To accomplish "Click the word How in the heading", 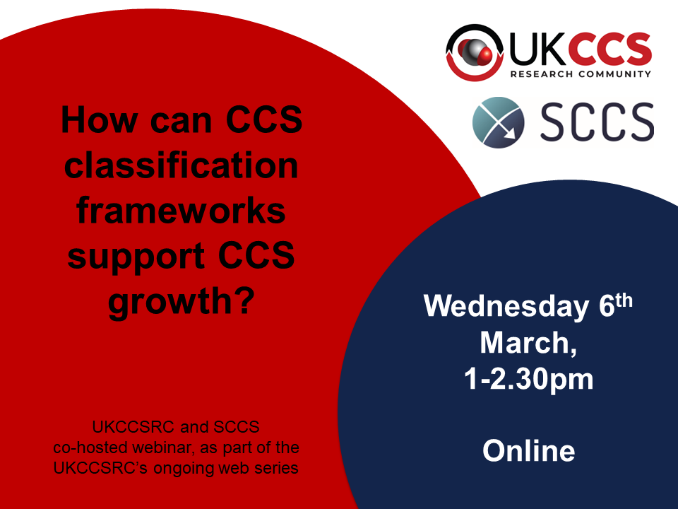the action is pyautogui.click(x=99, y=119).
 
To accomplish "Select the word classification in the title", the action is pyautogui.click(x=182, y=165).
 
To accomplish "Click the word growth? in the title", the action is pyautogui.click(x=182, y=303).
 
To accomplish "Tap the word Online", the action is pyautogui.click(x=528, y=450).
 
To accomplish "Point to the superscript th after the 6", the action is pyautogui.click(x=624, y=300).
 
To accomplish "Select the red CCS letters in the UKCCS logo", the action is pyautogui.click(x=614, y=49).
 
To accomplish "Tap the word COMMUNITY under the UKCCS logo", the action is pyautogui.click(x=615, y=74).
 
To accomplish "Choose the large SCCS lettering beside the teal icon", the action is pyautogui.click(x=597, y=122).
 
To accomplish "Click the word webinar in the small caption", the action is pyautogui.click(x=163, y=447).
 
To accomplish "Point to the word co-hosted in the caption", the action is pyautogui.click(x=90, y=447).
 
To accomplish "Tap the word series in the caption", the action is pyautogui.click(x=276, y=468).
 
